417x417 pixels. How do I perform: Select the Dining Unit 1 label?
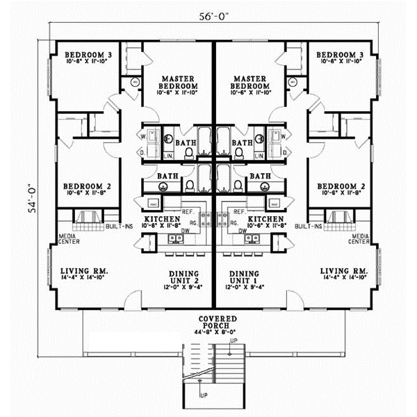coord(243,277)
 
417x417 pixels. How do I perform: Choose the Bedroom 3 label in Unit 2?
coord(88,54)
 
